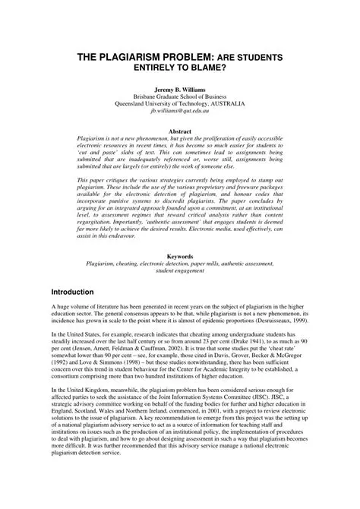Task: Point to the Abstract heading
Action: point(179,131)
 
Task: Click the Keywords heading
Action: point(179,257)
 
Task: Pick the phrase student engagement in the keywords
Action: point(179,272)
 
